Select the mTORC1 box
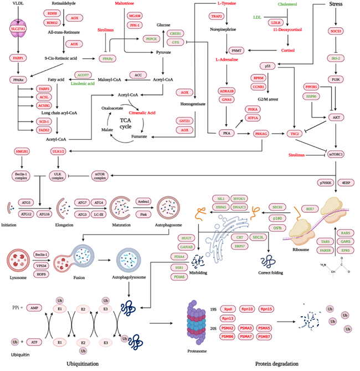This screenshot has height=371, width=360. click(336, 154)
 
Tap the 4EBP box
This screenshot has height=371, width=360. click(347, 182)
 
